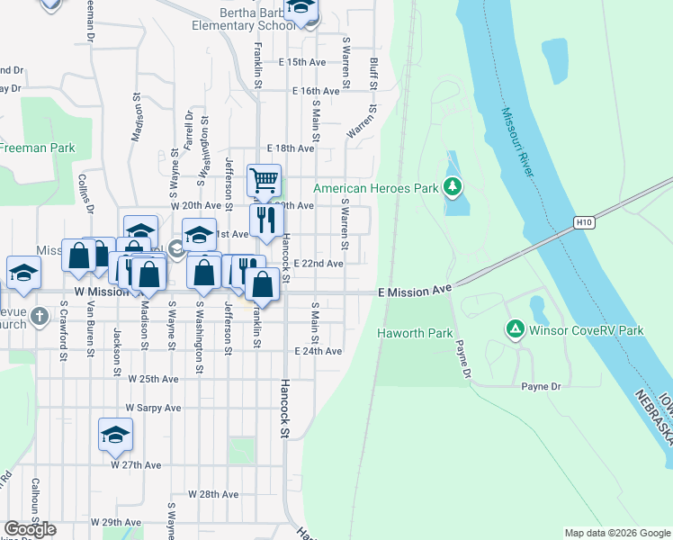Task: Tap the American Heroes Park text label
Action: click(x=375, y=188)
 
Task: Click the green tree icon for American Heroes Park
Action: click(x=453, y=188)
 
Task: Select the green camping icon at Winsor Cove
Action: click(x=516, y=330)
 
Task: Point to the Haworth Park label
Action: click(x=414, y=333)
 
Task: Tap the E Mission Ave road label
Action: click(x=414, y=292)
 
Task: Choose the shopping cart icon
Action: click(x=264, y=180)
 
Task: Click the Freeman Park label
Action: click(x=38, y=148)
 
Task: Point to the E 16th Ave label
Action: click(x=315, y=91)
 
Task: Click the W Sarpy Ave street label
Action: click(x=154, y=407)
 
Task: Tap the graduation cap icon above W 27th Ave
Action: click(x=116, y=435)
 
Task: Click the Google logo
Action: click(x=30, y=529)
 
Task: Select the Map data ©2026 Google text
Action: click(x=616, y=533)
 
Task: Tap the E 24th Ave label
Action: click(x=318, y=351)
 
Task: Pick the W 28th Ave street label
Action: click(x=213, y=494)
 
